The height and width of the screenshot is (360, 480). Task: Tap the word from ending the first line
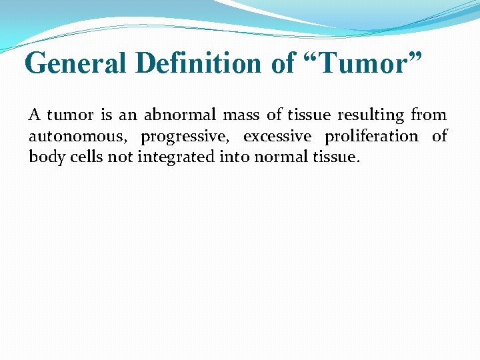pos(429,115)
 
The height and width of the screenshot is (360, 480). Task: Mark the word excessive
pos(277,137)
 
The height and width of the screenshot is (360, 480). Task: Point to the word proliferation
pos(371,137)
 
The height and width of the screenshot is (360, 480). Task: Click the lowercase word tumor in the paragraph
pos(72,115)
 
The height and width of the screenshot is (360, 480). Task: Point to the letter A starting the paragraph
pos(35,115)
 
